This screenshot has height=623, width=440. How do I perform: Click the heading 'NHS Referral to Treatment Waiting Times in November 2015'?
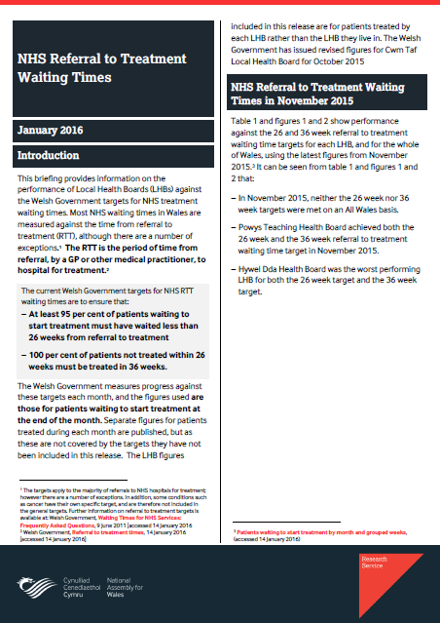(326, 97)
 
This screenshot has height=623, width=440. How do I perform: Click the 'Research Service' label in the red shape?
(374, 563)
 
